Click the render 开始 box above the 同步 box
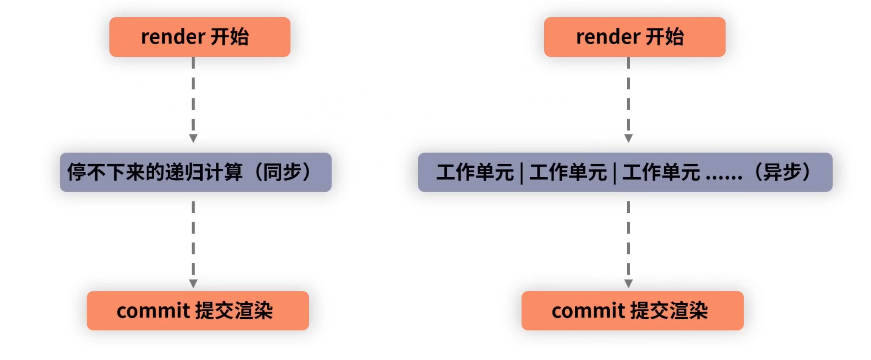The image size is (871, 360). [200, 37]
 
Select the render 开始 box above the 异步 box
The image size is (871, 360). [635, 37]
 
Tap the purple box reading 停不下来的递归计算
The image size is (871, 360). [196, 172]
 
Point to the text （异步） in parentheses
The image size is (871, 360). [782, 172]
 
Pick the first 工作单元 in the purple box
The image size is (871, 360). [475, 172]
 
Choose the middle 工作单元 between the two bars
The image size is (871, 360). [568, 172]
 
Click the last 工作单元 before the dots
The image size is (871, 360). [661, 172]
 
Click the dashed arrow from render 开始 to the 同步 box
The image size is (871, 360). [193, 99]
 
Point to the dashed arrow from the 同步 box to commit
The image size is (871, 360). [193, 243]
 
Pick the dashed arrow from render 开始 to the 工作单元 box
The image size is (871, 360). [628, 99]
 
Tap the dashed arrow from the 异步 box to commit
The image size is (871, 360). [628, 243]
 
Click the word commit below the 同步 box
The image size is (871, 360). [153, 311]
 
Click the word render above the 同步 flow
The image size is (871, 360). [173, 37]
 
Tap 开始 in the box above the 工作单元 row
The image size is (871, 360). [665, 37]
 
